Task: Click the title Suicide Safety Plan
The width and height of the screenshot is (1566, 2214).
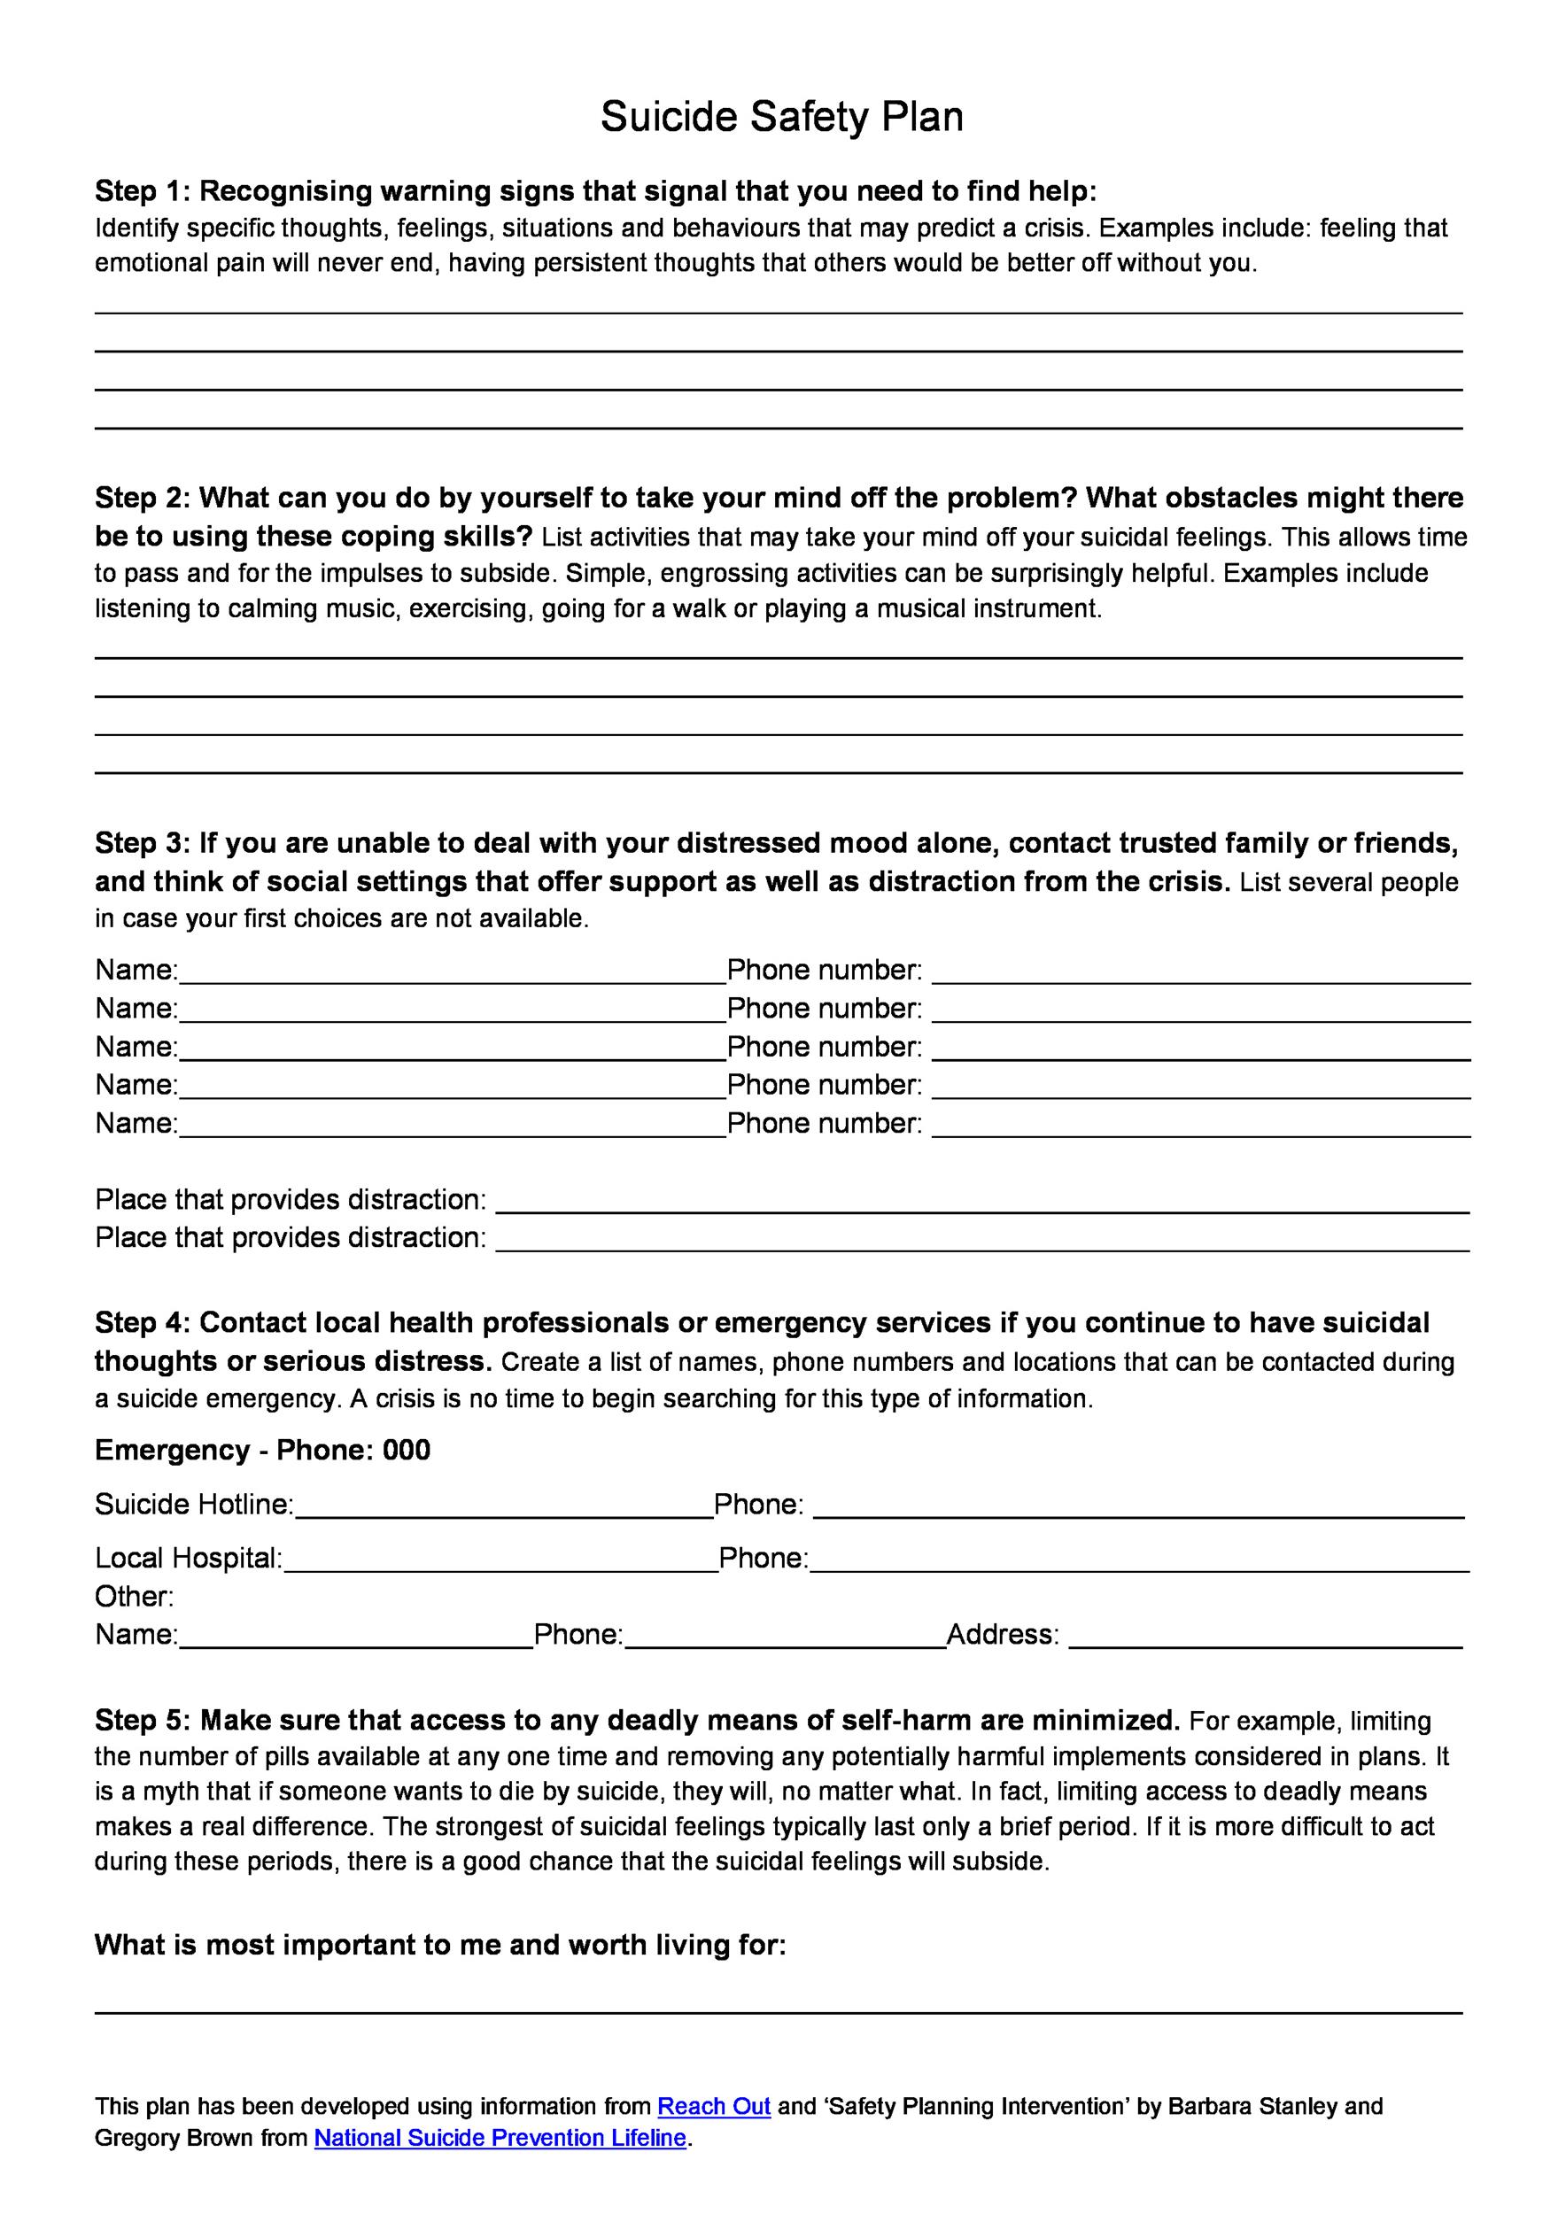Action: (781, 118)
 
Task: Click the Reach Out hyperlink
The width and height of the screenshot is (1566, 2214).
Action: (714, 2106)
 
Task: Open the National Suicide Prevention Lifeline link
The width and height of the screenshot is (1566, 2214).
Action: (500, 2138)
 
